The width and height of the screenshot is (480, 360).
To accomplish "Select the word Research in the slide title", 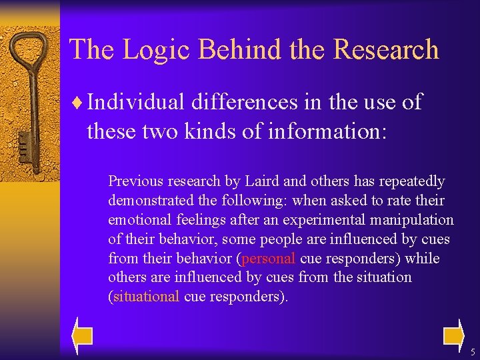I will pyautogui.click(x=386, y=50).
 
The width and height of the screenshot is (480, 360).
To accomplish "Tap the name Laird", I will pyautogui.click(x=262, y=181).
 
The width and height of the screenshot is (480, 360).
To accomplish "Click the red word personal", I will pyautogui.click(x=269, y=259).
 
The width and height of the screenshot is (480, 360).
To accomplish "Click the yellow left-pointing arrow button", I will pyautogui.click(x=83, y=333).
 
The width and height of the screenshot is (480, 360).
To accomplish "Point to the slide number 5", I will pyautogui.click(x=472, y=351).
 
